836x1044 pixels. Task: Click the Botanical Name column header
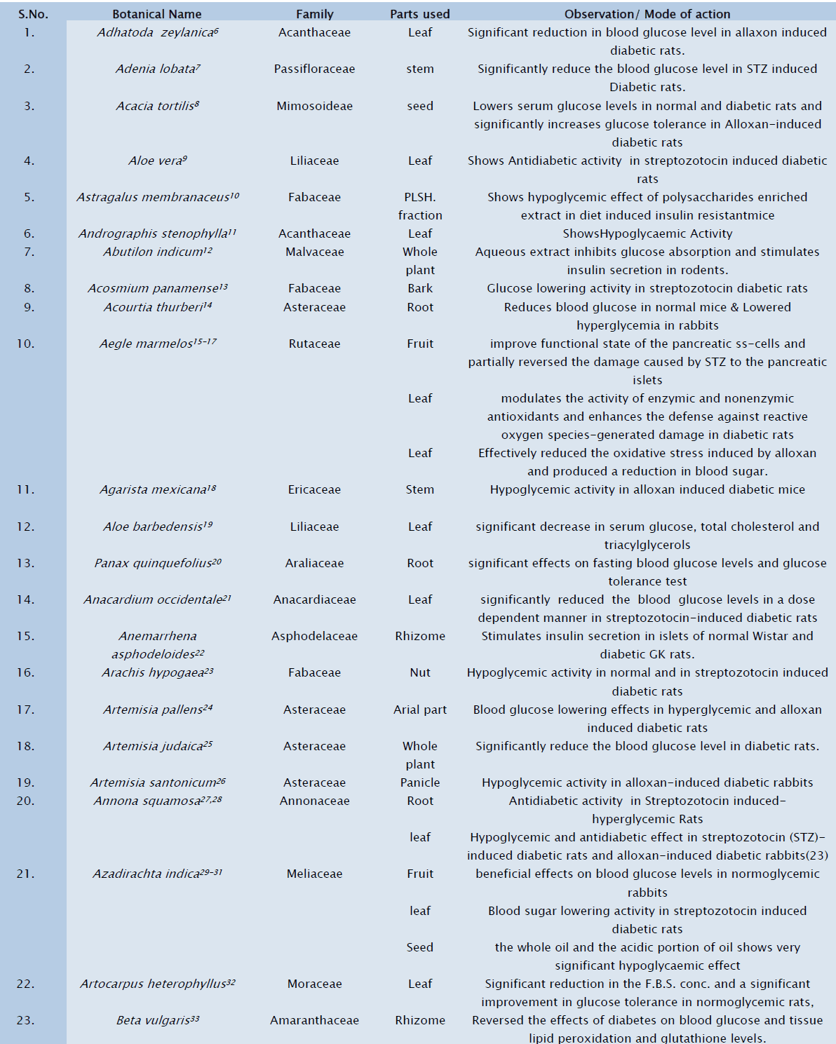point(156,14)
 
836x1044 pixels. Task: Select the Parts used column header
point(419,14)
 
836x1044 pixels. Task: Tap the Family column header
point(314,14)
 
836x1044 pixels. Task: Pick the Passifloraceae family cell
point(314,69)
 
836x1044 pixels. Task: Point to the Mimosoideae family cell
point(314,106)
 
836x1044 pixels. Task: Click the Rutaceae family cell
point(314,344)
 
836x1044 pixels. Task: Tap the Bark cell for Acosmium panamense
point(419,288)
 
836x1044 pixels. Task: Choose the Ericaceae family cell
point(314,489)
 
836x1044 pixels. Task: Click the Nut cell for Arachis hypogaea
point(419,672)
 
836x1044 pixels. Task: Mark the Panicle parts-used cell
point(419,782)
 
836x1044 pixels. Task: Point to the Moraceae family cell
point(314,984)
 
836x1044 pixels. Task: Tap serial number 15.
point(26,636)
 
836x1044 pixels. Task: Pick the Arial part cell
point(419,710)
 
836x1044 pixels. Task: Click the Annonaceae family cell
point(314,801)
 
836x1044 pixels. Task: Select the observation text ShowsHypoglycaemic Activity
point(647,233)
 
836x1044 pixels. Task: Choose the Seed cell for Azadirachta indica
point(419,947)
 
